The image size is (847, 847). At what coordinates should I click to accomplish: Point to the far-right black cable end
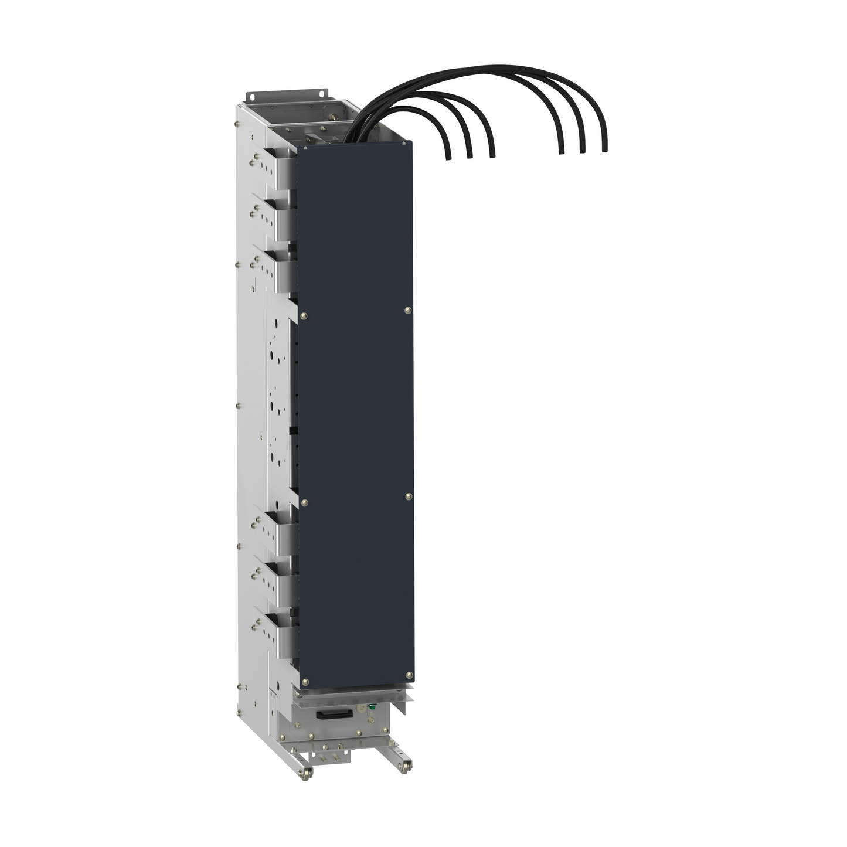pos(604,150)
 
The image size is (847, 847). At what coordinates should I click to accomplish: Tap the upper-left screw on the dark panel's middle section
pos(304,316)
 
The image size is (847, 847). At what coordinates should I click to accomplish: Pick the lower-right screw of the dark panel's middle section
pos(408,496)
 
